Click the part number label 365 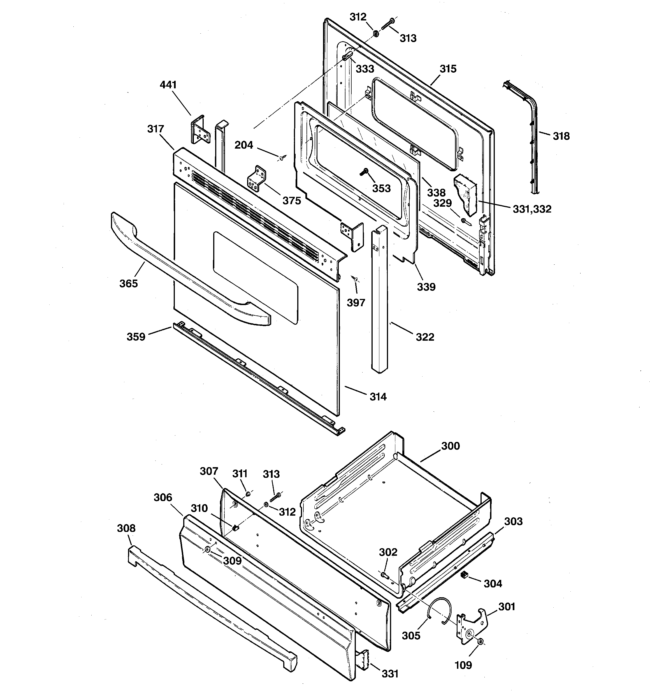pyautogui.click(x=128, y=283)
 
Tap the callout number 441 pyautogui.click(x=168, y=85)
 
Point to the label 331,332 pyautogui.click(x=532, y=209)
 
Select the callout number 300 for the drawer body pyautogui.click(x=451, y=446)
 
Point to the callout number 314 pyautogui.click(x=378, y=397)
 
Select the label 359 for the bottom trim pyautogui.click(x=136, y=337)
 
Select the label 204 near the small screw pyautogui.click(x=243, y=145)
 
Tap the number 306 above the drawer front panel pyautogui.click(x=163, y=497)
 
